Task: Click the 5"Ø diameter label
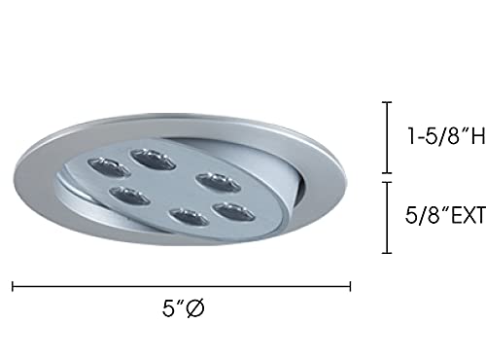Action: click(183, 309)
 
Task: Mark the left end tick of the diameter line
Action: click(14, 287)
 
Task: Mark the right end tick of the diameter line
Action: click(350, 287)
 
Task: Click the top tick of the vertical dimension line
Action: click(387, 101)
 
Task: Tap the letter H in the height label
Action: click(477, 138)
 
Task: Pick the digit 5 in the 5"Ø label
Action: click(168, 309)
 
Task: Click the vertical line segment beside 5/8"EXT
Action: click(387, 217)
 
